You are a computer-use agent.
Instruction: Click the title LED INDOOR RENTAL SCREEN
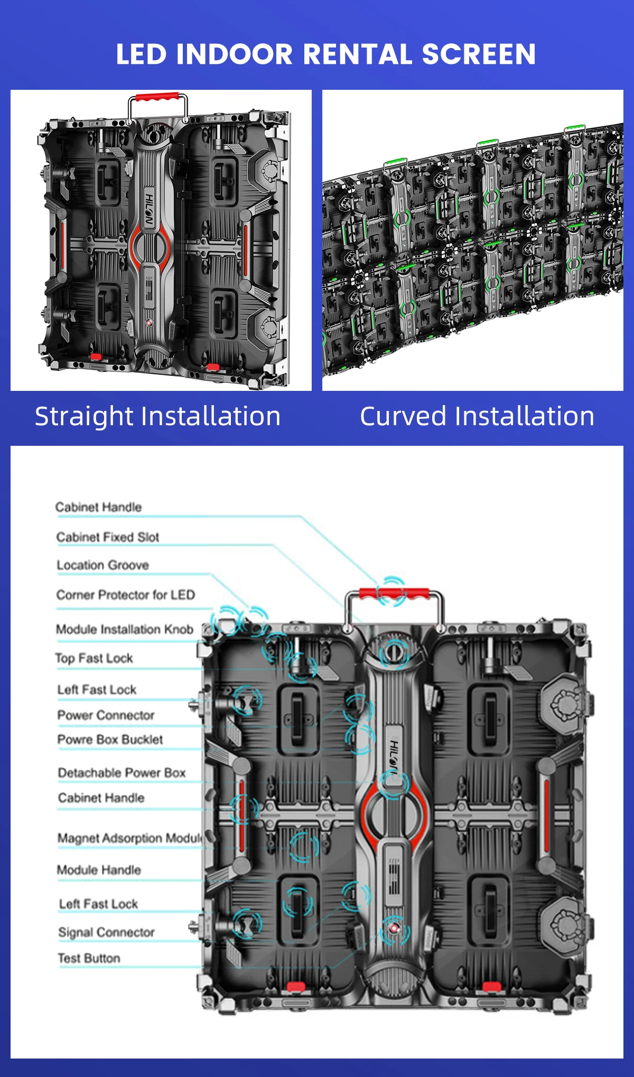pos(326,54)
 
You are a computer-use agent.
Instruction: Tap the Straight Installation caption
pos(157,416)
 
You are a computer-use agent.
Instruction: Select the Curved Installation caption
pos(477,416)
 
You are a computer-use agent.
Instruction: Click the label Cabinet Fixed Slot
pos(108,537)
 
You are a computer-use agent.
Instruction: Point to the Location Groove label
pos(102,565)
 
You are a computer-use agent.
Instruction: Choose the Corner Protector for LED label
pos(126,595)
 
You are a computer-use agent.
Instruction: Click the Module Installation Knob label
pos(125,629)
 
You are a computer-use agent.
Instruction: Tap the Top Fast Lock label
pos(94,658)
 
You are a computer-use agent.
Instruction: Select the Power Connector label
pos(106,715)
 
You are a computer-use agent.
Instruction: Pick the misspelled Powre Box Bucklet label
pos(110,739)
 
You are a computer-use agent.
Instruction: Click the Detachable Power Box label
pos(122,773)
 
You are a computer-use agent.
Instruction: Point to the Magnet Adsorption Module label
pos(130,838)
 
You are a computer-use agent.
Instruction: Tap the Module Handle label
pos(99,870)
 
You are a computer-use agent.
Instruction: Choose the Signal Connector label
pos(106,932)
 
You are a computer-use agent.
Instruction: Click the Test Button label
pos(89,958)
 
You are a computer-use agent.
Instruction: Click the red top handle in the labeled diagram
pos(394,594)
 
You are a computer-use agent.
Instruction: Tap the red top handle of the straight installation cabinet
pos(157,97)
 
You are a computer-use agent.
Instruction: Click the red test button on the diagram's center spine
pos(394,928)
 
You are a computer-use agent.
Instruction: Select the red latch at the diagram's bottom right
pos(491,987)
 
